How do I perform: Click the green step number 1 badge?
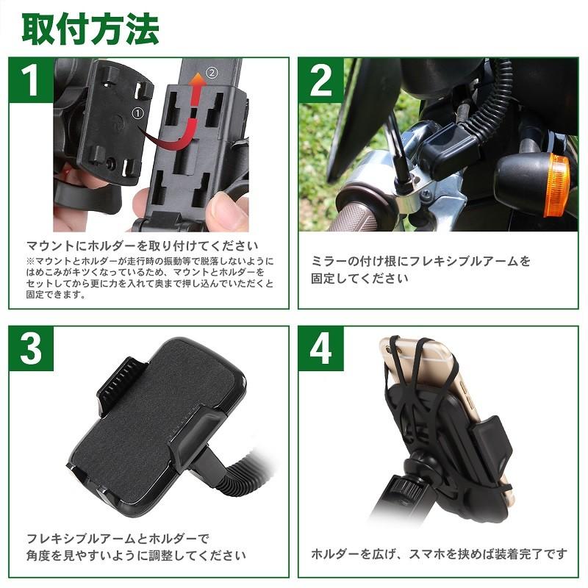coord(31,81)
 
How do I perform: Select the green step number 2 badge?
coord(321,81)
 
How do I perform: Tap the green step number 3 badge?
coord(31,350)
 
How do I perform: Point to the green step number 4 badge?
coord(321,350)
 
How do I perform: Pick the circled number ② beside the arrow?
coord(212,73)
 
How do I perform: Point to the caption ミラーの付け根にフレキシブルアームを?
coord(421,261)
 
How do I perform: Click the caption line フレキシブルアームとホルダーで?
coord(118,537)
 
